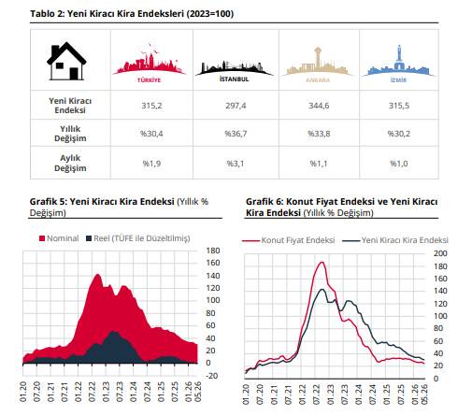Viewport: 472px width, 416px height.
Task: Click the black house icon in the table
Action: click(66, 61)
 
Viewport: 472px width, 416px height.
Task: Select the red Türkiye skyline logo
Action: click(150, 63)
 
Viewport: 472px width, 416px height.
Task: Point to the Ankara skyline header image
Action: click(318, 65)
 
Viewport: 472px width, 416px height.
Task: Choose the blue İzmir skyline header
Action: click(398, 64)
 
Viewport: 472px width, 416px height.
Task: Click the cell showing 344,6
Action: click(319, 106)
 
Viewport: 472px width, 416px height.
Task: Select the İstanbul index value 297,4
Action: click(236, 106)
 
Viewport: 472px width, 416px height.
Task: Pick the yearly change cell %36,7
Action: click(236, 134)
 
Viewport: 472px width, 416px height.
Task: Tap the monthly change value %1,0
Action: click(399, 164)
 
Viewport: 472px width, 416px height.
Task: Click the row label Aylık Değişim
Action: click(70, 163)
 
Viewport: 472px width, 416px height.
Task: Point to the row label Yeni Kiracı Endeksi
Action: click(70, 106)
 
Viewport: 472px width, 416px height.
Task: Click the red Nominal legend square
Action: click(42, 238)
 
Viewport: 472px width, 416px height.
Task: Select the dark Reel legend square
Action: click(89, 238)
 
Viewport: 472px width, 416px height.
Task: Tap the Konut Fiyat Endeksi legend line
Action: click(250, 240)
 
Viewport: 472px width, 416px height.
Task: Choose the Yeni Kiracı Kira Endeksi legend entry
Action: click(395, 240)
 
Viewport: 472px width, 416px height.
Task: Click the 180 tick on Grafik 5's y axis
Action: click(213, 251)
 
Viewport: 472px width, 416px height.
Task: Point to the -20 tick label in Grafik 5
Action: click(212, 376)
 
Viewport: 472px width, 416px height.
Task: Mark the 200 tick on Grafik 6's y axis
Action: click(440, 253)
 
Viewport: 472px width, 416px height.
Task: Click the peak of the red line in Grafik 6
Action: click(322, 262)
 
